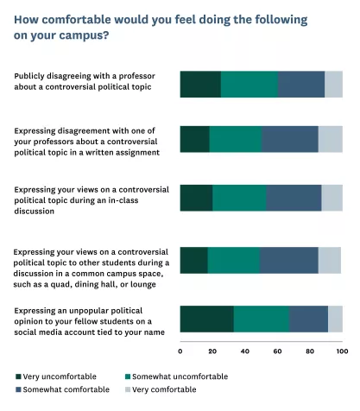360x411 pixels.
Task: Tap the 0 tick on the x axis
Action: [x=180, y=351]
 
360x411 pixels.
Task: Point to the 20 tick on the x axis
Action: [x=212, y=351]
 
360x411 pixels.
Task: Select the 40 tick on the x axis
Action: [x=245, y=351]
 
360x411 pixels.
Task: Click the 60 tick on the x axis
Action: [x=277, y=351]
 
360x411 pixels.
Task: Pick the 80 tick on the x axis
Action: [x=310, y=351]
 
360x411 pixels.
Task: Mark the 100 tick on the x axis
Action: [x=342, y=351]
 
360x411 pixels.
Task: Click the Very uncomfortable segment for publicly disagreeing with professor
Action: [x=200, y=85]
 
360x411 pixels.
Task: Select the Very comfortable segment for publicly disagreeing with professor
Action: [x=333, y=85]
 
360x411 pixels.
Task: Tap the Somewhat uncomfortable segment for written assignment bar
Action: [x=236, y=139]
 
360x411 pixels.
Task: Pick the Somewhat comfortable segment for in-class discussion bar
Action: [x=294, y=198]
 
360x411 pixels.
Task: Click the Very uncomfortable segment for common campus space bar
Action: [x=194, y=260]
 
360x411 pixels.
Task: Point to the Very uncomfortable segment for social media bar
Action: [x=207, y=319]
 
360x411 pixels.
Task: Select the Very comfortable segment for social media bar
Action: [x=335, y=319]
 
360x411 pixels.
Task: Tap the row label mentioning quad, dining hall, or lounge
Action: [x=91, y=260]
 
